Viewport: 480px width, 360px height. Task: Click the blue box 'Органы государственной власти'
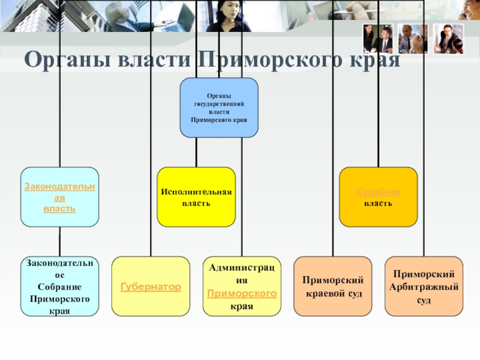click(x=220, y=108)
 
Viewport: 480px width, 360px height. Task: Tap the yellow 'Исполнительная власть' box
click(x=196, y=197)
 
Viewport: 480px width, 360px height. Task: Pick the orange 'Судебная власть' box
click(x=378, y=197)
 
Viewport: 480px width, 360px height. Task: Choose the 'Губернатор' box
click(x=151, y=287)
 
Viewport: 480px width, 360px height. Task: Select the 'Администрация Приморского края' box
click(x=241, y=287)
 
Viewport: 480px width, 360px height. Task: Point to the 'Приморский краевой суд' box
click(x=332, y=287)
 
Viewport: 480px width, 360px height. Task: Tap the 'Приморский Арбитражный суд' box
click(x=424, y=287)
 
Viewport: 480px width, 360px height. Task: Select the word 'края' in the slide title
click(x=374, y=61)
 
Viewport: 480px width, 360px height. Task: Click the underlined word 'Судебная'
click(x=378, y=191)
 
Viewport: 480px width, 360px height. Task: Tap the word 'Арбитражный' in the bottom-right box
click(x=424, y=286)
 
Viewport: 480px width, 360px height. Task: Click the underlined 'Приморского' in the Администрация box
click(x=241, y=293)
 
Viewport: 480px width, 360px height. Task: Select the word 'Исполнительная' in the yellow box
click(x=196, y=191)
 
